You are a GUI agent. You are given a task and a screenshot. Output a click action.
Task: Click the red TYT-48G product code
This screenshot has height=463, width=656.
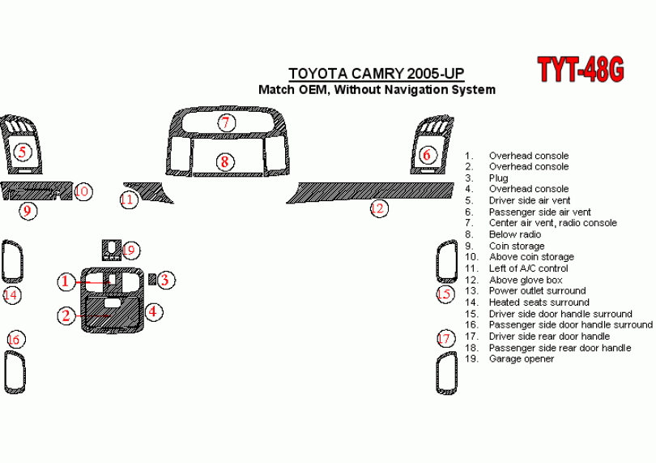click(581, 69)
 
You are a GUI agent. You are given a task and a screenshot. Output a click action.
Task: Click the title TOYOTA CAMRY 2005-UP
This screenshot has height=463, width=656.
click(376, 74)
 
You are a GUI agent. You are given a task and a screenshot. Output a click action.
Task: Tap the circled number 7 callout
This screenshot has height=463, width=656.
click(226, 122)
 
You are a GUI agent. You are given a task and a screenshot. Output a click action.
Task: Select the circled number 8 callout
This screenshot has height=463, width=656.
click(225, 161)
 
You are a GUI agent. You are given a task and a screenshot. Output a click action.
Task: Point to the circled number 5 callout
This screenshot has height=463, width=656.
click(23, 152)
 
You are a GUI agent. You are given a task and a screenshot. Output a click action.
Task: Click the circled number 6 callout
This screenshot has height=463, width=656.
click(426, 155)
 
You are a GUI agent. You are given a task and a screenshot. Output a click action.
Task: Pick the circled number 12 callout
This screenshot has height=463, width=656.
click(379, 208)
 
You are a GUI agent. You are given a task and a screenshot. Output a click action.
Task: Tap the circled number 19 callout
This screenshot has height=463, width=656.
click(131, 251)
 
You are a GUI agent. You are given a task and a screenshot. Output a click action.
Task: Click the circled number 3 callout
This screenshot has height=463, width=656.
click(166, 280)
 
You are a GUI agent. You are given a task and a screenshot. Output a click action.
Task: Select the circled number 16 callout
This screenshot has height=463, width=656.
click(15, 340)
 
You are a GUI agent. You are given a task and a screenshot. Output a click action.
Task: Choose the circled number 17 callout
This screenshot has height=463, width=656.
click(445, 338)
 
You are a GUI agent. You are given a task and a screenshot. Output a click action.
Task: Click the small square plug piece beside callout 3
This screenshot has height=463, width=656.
click(153, 279)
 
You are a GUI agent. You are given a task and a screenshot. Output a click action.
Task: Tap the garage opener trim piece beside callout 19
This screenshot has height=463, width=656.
click(112, 250)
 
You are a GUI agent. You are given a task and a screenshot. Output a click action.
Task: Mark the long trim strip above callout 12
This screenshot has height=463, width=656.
click(371, 192)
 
